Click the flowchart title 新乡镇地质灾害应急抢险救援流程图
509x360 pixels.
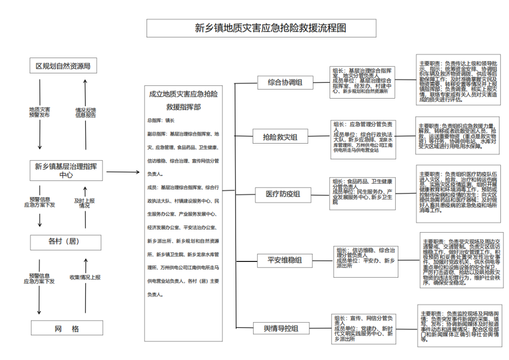point(261,28)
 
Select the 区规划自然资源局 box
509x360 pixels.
point(63,66)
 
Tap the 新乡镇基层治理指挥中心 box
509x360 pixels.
point(66,170)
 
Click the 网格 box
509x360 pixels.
point(67,329)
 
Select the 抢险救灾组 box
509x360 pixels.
point(280,137)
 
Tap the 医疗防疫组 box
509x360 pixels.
point(283,194)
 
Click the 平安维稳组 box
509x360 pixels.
point(285,260)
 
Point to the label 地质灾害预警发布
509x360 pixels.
point(39,112)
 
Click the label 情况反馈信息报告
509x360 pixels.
point(85,112)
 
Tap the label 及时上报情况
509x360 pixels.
point(84,203)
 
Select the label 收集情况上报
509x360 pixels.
point(85,277)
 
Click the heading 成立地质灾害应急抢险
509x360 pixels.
point(183,94)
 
